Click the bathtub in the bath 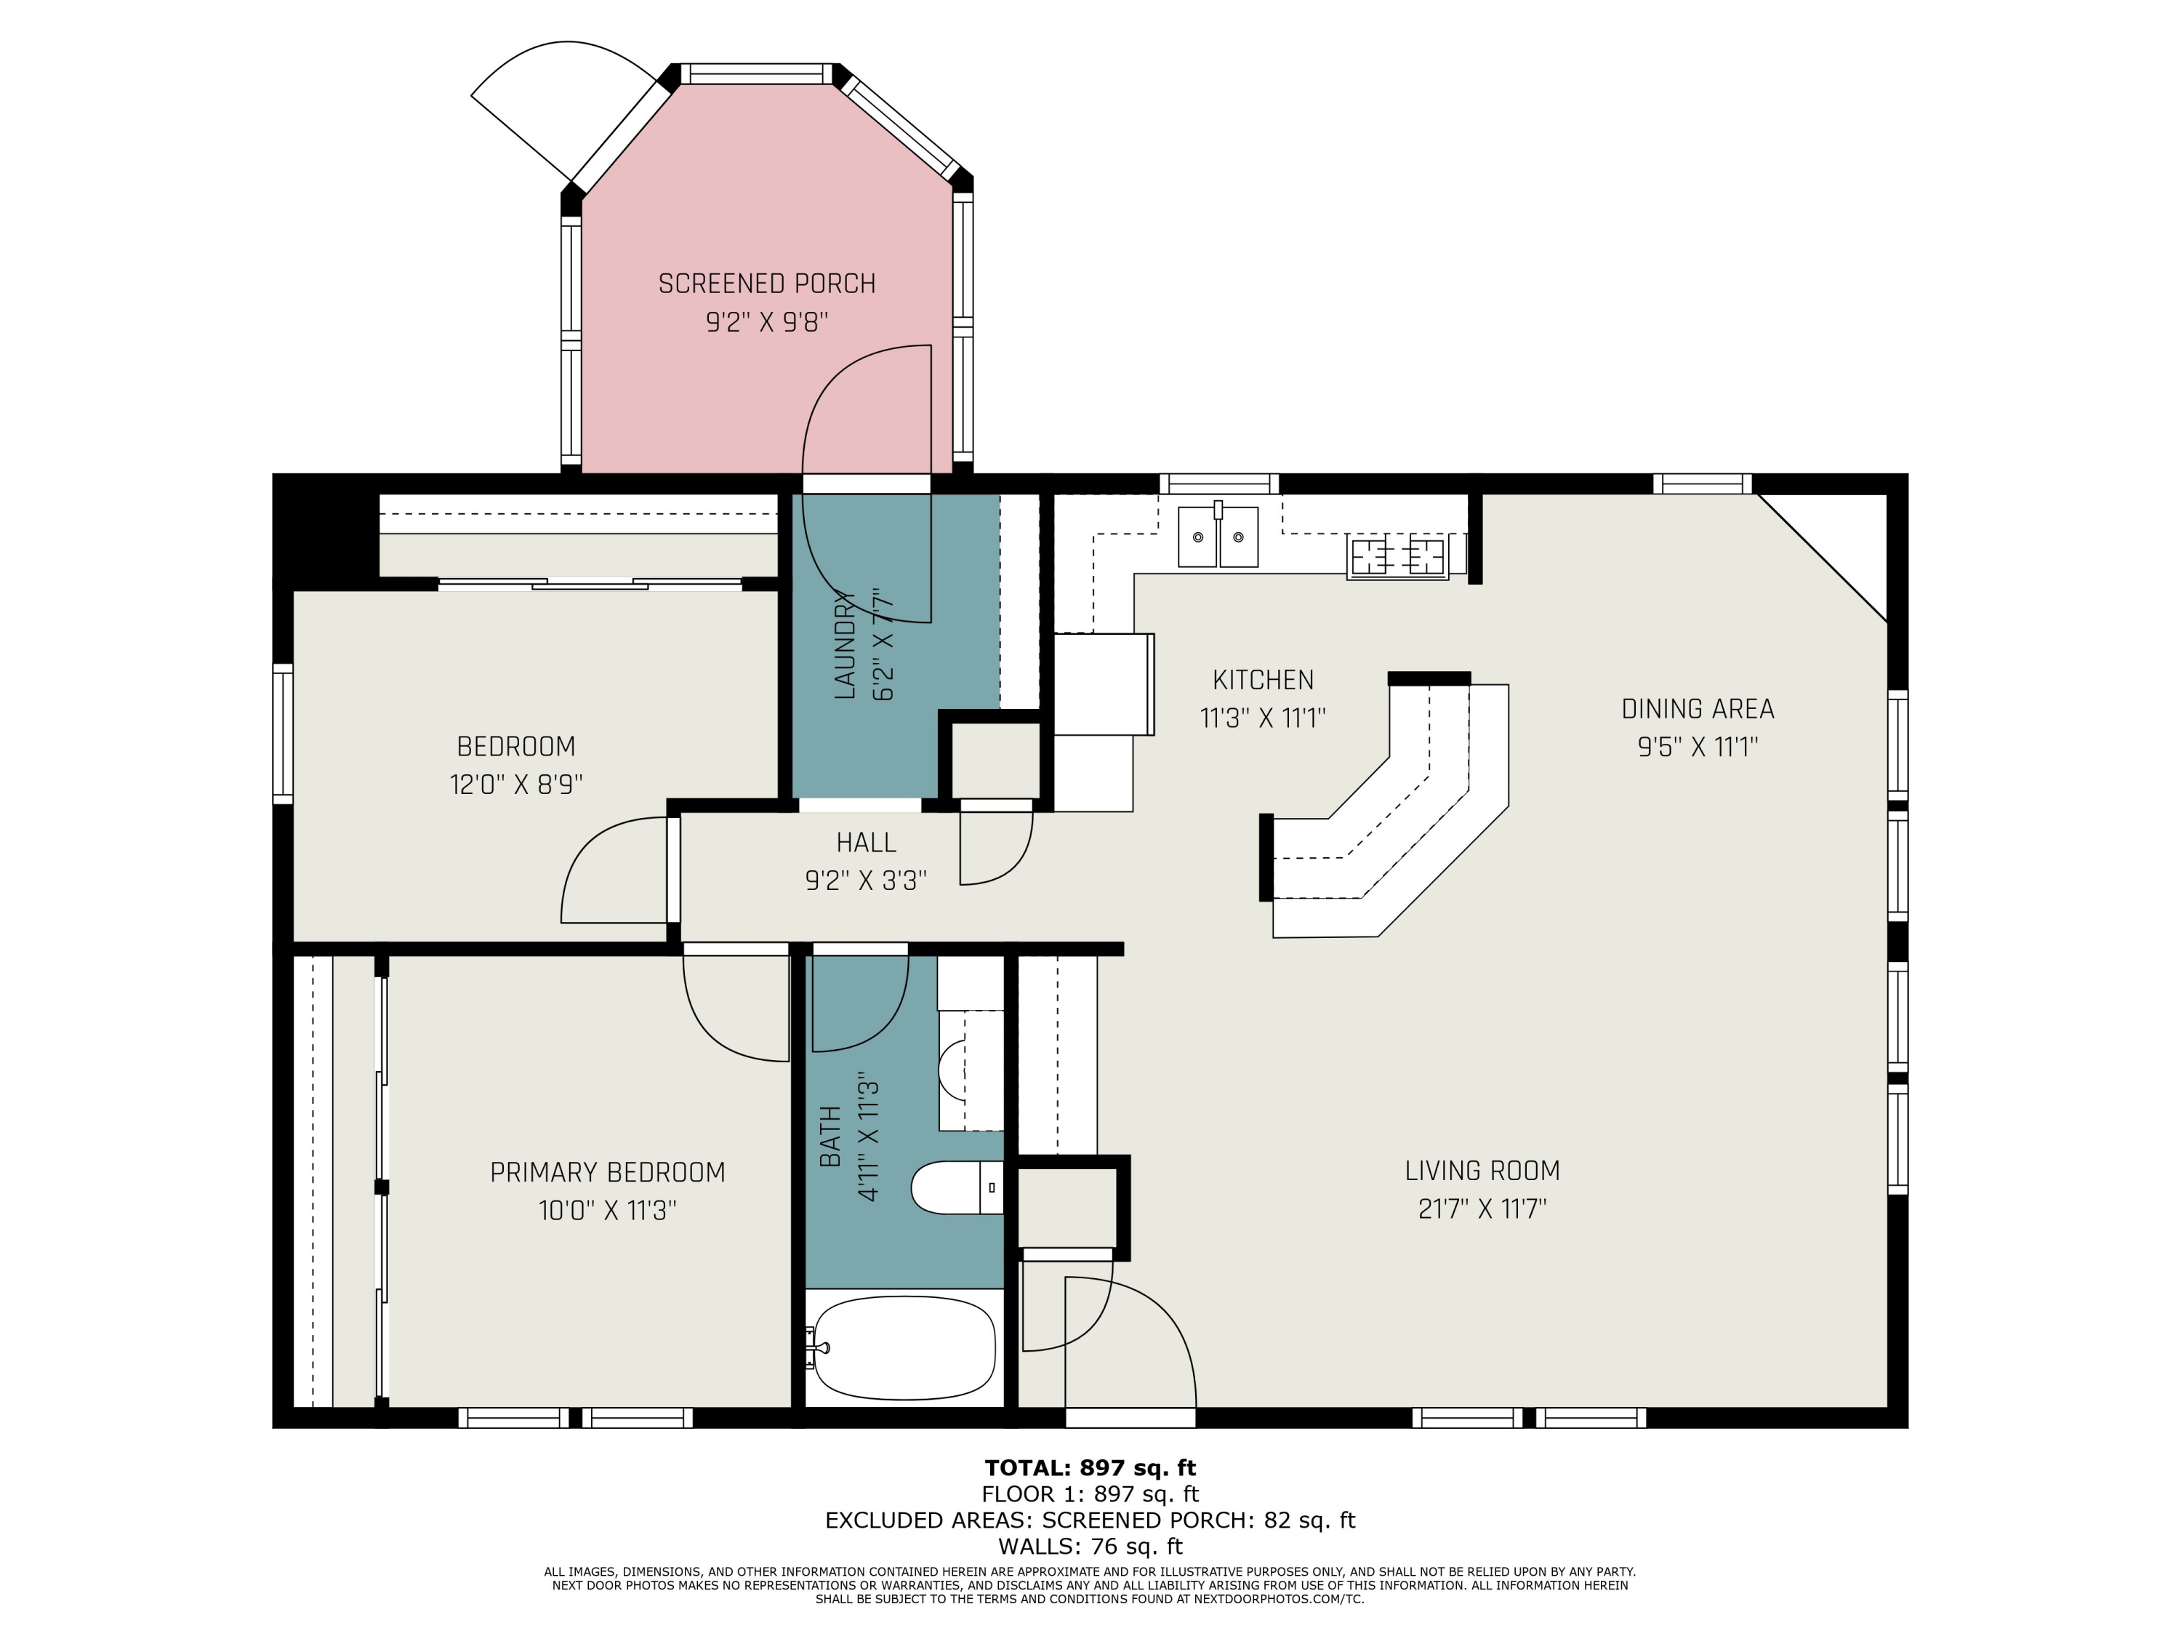905,1348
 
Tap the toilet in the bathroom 957,1187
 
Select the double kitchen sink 1218,537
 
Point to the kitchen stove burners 1397,557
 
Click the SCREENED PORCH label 767,284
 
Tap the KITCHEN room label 1263,681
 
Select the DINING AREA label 1698,709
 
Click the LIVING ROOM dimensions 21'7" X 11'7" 1482,1209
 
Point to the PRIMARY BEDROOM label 607,1173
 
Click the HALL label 866,843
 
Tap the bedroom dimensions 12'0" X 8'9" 515,785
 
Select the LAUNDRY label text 844,645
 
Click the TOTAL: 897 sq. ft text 1090,1468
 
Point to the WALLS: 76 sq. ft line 1090,1547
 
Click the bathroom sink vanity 971,1070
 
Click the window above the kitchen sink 1218,484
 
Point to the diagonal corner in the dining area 1822,558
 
